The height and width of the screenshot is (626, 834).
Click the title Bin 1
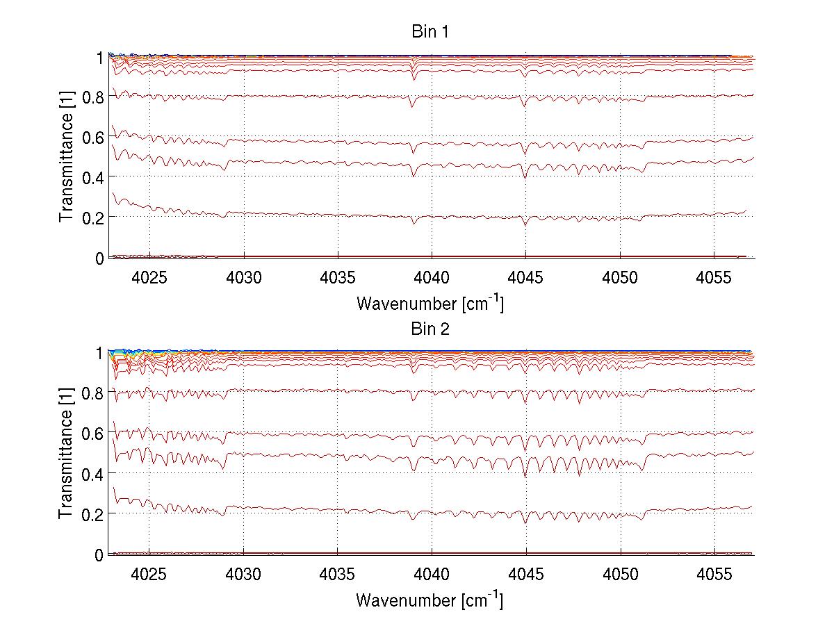430,32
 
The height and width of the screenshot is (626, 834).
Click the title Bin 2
430,329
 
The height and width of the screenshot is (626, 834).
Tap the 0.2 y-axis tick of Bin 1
93,217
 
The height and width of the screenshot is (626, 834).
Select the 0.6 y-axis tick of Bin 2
93,433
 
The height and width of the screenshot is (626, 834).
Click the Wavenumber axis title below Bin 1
430,303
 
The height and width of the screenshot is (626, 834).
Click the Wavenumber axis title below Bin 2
430,599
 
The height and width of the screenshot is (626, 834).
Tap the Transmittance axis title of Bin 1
67,157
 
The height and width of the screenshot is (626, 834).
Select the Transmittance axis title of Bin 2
67,453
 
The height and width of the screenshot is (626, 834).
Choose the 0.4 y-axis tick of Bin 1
93,177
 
